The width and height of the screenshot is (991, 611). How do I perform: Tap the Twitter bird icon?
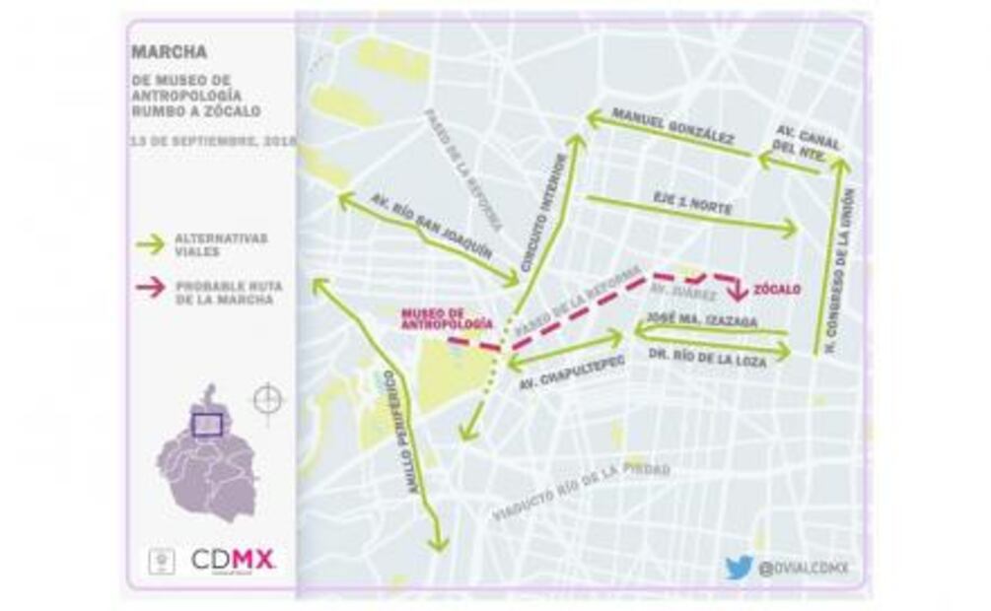pos(739,568)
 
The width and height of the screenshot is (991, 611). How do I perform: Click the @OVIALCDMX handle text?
pos(803,568)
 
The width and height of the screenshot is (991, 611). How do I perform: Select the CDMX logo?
pos(233,561)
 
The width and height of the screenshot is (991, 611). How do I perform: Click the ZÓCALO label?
pos(777,290)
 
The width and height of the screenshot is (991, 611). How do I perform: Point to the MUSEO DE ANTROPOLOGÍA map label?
pos(446,318)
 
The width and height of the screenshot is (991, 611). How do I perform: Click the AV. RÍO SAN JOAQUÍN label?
pos(431,226)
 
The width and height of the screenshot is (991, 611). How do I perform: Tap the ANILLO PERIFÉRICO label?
pos(401,433)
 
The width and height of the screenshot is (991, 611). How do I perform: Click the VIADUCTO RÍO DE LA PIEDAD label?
pos(582,490)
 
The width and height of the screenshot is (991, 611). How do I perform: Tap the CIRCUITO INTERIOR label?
pos(543,213)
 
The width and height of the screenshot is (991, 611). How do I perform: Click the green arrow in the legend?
pos(150,242)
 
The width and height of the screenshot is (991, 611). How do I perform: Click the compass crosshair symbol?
pos(267,399)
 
